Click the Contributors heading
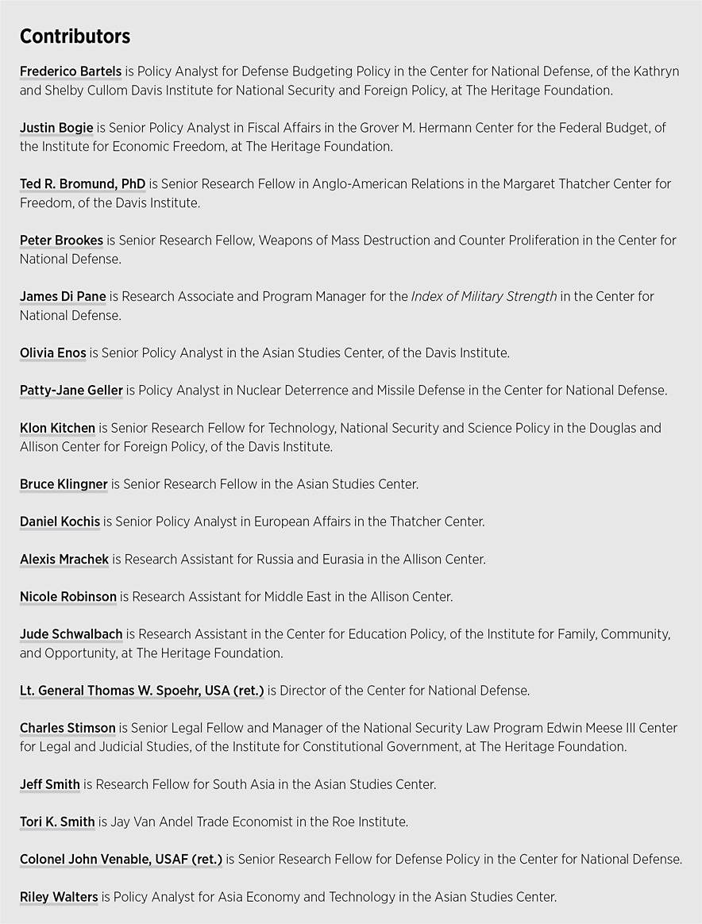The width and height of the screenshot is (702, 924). coord(75,37)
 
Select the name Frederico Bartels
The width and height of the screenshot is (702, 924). coord(70,71)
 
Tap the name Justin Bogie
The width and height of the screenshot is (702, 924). coord(56,128)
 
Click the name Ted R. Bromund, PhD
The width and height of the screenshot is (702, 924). coord(83,184)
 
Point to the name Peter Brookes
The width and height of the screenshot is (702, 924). coord(61,241)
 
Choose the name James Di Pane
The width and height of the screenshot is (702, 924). coord(63,297)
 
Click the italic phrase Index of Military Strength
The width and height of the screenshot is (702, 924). coord(484,297)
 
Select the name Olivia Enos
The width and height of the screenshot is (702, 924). coord(52,353)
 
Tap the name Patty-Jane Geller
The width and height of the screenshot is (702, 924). coord(71,391)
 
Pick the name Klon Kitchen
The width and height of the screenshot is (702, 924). coord(57,429)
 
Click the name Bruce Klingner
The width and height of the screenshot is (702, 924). coord(64,484)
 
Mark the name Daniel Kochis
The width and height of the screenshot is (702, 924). coord(60,522)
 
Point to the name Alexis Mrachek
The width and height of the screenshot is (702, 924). coord(64,560)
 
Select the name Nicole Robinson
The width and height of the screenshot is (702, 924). coord(68,597)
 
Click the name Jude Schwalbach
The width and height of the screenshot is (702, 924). coord(71,634)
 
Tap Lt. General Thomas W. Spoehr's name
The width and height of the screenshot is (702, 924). coord(141,691)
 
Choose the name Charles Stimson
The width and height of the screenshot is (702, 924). coord(67,728)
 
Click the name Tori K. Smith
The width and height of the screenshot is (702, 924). coord(57,822)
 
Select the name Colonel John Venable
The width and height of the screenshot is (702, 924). coord(121,860)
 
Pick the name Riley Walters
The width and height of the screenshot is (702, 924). coord(59,898)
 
